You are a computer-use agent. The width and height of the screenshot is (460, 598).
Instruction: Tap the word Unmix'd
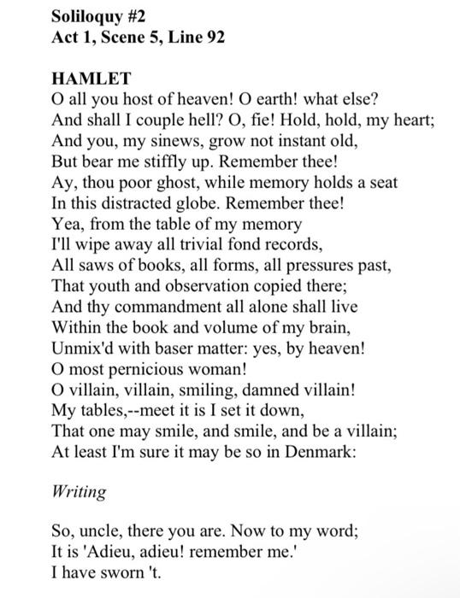pos(83,346)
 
